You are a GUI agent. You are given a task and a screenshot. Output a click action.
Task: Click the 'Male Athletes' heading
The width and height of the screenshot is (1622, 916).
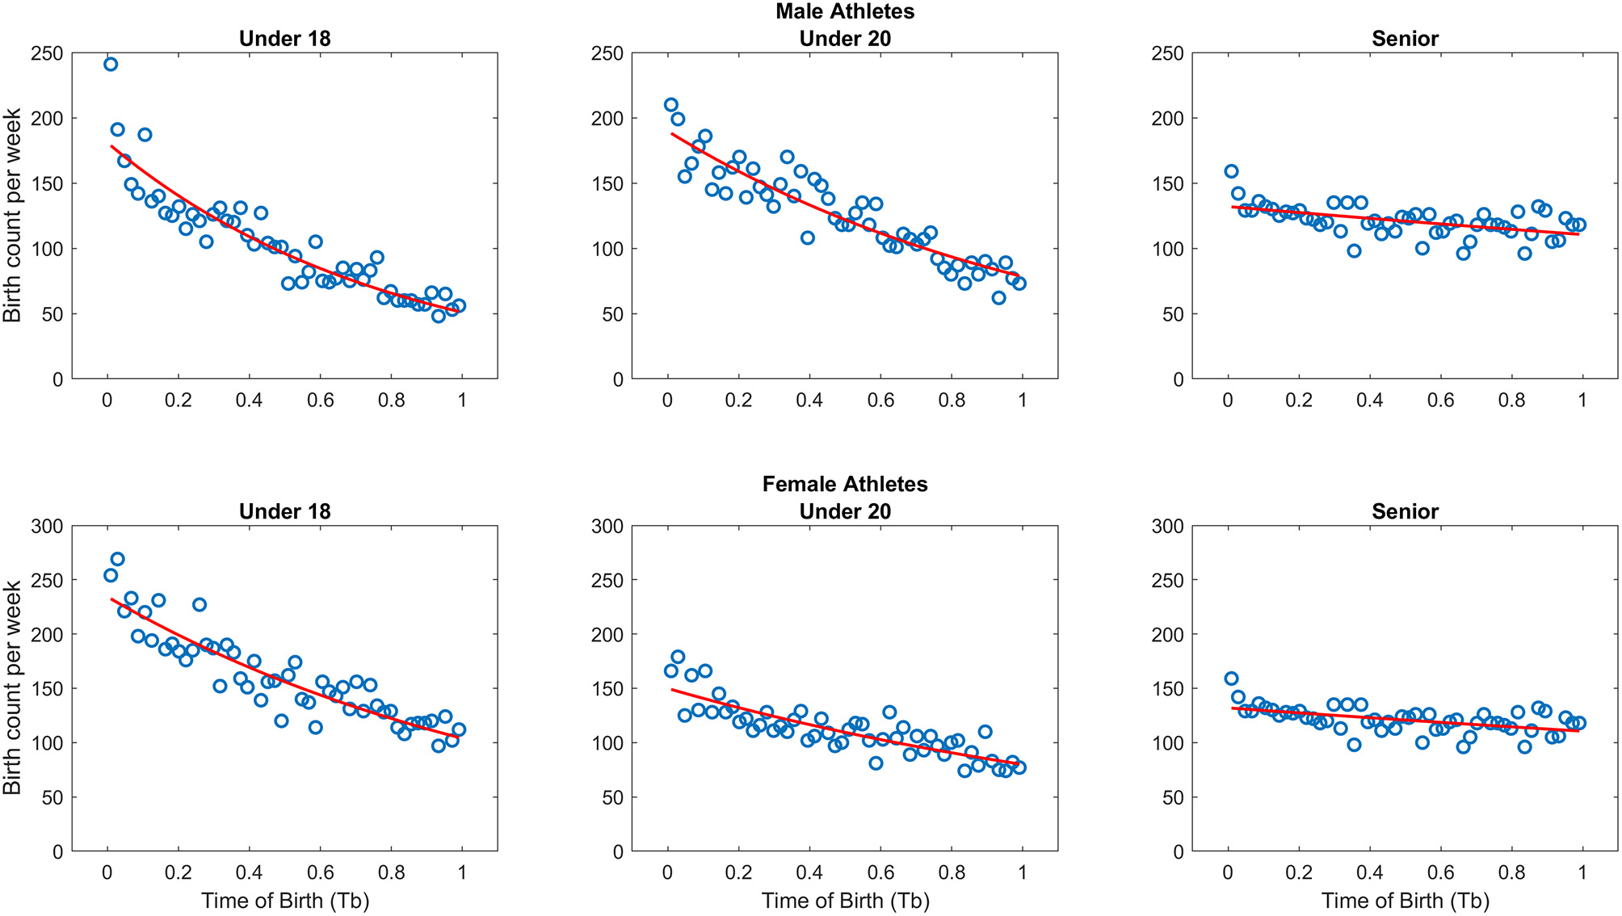[x=845, y=11]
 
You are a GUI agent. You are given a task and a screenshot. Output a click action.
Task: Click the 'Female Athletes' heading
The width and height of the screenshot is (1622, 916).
[x=845, y=484]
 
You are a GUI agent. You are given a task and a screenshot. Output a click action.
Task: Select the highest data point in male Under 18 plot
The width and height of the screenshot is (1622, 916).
[x=111, y=65]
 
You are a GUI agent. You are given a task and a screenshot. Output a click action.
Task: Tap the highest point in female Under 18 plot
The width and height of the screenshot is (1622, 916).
[x=117, y=559]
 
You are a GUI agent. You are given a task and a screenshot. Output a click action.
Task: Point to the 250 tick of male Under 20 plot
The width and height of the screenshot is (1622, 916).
[x=607, y=53]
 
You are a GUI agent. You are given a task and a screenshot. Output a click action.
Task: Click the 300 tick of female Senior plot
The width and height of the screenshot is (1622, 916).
[x=1167, y=527]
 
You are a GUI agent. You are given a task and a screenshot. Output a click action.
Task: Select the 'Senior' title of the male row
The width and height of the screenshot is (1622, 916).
[x=1405, y=39]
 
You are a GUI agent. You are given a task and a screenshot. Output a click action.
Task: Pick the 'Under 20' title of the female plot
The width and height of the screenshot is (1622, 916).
[x=845, y=511]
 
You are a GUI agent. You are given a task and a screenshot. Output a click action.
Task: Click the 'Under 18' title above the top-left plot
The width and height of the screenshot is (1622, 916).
[x=284, y=39]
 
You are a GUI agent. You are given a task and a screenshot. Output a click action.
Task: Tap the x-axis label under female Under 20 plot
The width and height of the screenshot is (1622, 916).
[x=845, y=901]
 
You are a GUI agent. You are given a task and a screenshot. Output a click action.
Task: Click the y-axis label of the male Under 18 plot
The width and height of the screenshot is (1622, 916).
[x=12, y=216]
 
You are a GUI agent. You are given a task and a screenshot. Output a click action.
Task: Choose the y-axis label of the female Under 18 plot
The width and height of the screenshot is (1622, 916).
[x=12, y=688]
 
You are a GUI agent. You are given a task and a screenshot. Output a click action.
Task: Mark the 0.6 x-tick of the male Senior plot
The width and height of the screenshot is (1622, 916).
[x=1440, y=400]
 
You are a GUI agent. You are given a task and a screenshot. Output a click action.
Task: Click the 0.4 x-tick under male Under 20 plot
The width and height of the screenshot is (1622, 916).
[x=809, y=400]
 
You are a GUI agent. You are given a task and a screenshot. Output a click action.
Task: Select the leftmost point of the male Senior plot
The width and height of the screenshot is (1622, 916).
[x=1231, y=171]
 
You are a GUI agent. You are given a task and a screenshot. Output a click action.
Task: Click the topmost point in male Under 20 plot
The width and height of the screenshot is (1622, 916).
[x=670, y=105]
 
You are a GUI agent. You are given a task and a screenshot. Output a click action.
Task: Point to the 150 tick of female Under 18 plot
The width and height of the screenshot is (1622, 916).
[x=47, y=689]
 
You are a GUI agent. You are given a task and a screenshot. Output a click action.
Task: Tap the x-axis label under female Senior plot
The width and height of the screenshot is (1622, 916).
[x=1405, y=901]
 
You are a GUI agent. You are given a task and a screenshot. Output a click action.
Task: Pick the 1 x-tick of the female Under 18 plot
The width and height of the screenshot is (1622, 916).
[x=462, y=872]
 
